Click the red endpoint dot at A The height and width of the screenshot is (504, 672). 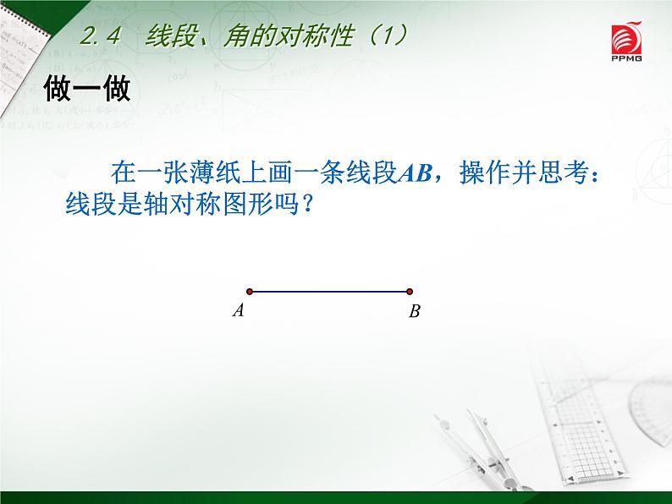pyautogui.click(x=250, y=292)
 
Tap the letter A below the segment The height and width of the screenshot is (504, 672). pyautogui.click(x=239, y=310)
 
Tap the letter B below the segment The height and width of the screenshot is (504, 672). pyautogui.click(x=414, y=312)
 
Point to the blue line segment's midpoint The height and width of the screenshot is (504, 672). pyautogui.click(x=330, y=292)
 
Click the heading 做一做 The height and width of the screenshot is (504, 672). pyautogui.click(x=87, y=88)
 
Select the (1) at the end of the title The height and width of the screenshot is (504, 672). pyautogui.click(x=385, y=36)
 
